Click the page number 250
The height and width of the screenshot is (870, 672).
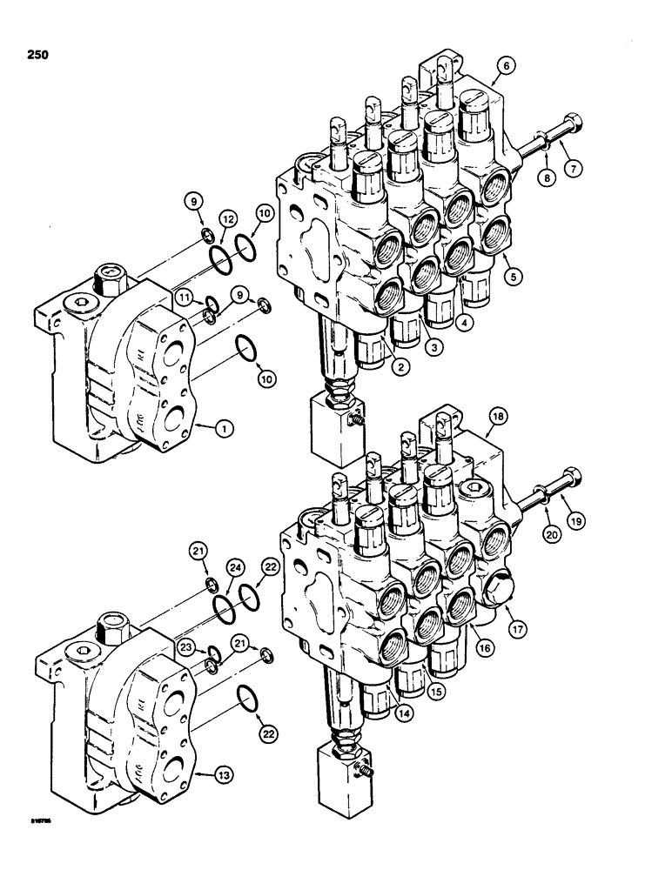click(37, 55)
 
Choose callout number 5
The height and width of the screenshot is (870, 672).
click(513, 278)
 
